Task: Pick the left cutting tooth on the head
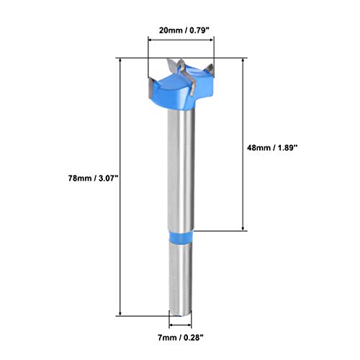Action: [x=153, y=84]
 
